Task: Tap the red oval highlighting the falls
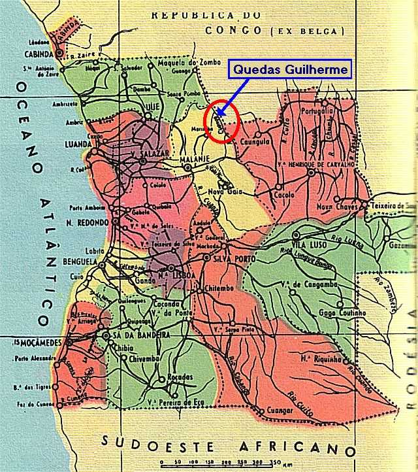click(222, 120)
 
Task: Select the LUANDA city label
click(82, 144)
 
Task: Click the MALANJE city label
click(203, 160)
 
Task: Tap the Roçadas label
click(180, 378)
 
